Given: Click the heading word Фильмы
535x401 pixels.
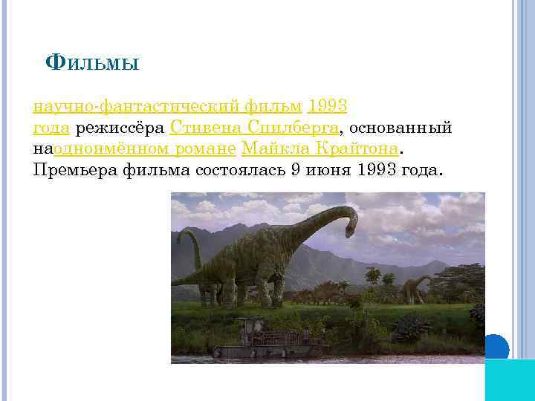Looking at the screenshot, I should pos(92,63).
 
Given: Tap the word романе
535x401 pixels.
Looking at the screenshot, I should pos(205,149).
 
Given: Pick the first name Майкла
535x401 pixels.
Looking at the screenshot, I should pos(270,149).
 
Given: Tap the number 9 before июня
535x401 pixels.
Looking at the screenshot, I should pos(296,171).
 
